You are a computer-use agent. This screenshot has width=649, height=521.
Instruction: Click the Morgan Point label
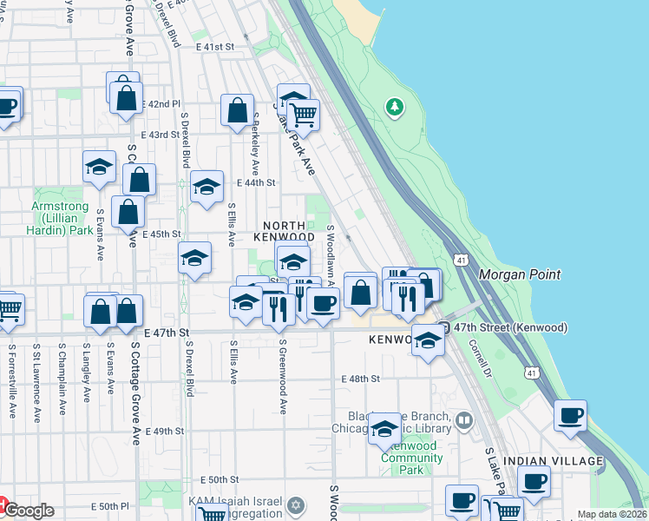point(519,274)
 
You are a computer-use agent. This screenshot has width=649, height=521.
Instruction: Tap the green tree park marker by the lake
point(396,107)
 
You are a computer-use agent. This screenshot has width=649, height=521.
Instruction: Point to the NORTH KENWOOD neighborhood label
point(284,230)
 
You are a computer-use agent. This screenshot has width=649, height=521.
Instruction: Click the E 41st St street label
point(215,45)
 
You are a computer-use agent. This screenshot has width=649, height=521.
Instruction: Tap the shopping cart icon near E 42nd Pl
point(303,114)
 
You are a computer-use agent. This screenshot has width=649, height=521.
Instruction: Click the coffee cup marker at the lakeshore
point(570,416)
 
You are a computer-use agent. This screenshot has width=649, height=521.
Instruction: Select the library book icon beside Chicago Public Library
point(464,422)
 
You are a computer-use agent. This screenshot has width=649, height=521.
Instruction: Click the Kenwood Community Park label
point(400,458)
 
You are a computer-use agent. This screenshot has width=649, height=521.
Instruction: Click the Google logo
point(28,511)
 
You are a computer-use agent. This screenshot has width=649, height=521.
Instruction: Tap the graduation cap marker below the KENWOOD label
point(428,340)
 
